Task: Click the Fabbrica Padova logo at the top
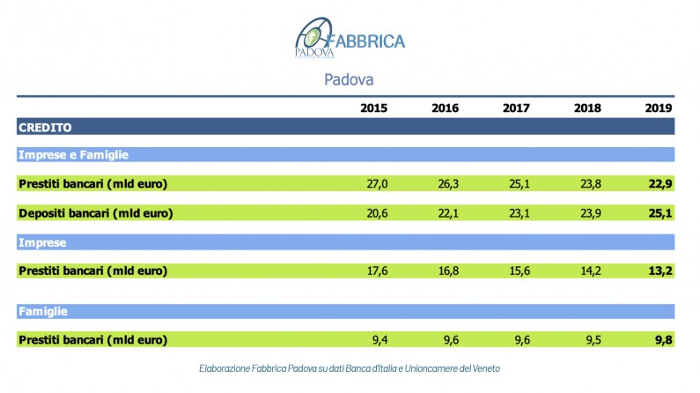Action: coord(350,39)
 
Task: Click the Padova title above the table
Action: coord(350,79)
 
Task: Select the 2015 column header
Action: coord(373,108)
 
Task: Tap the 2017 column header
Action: coord(516,108)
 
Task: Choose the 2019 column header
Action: coord(659,108)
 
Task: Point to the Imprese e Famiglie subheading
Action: coord(74,155)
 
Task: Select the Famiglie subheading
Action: coord(44,312)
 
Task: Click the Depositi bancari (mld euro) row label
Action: coord(95,212)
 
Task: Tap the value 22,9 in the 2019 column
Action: coord(659,184)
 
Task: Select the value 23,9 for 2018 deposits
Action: coord(588,212)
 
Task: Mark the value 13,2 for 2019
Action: coord(659,271)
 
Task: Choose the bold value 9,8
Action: coord(663,340)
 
